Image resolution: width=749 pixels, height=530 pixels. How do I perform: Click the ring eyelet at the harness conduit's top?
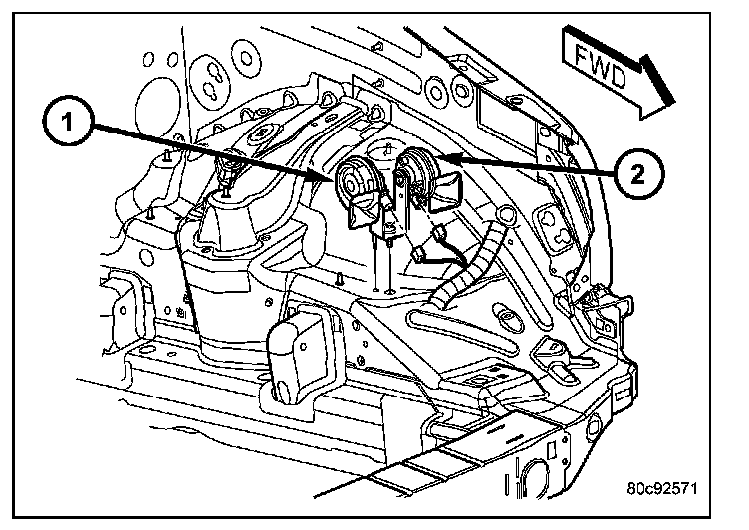[x=507, y=214]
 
